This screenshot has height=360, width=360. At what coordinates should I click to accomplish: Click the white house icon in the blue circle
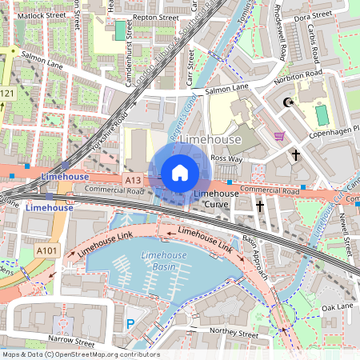pos(179,172)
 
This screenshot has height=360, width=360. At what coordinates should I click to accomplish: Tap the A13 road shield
pos(134,182)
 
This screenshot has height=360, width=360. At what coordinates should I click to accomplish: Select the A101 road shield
pos(47,250)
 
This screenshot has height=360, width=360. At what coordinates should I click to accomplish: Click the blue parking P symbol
pos(130,324)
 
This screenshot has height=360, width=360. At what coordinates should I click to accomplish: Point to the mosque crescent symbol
pos(288,102)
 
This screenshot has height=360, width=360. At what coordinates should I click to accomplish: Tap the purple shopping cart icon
pos(279,135)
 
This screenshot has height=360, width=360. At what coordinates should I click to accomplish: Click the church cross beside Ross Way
pos(295,154)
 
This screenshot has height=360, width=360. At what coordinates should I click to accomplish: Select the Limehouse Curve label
pos(216,199)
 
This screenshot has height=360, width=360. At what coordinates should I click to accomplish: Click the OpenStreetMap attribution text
pos(80,354)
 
